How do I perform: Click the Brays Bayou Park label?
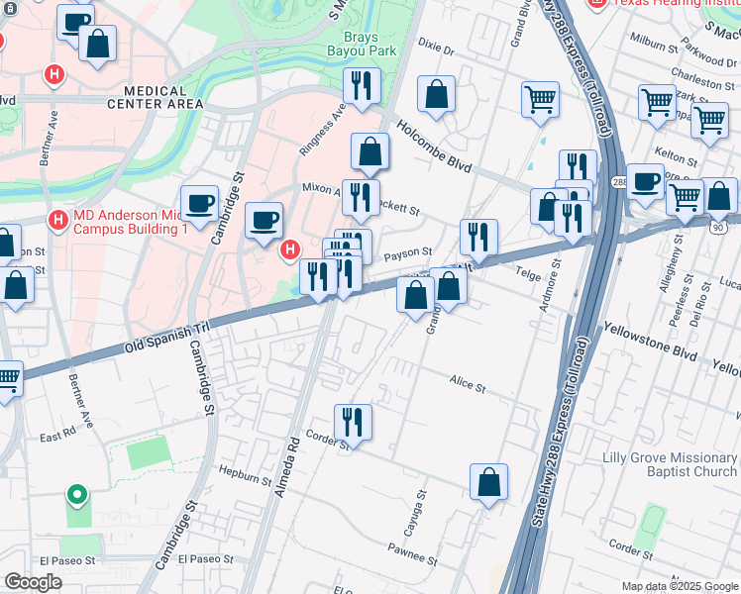coord(362,42)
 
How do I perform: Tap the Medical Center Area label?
coord(155,96)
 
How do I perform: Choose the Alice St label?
coord(467,386)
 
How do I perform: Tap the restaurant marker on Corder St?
coord(353,423)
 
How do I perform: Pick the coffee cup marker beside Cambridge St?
coord(199,204)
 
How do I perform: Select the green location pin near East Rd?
coord(76,495)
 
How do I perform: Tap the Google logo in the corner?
coord(33,582)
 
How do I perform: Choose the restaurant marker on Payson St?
coord(478,238)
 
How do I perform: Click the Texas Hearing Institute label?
coord(667,4)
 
